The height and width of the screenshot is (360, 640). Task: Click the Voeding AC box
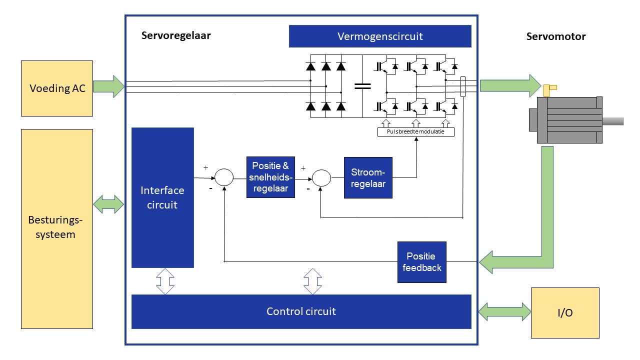[x=56, y=88]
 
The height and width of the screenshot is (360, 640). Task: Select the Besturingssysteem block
[x=56, y=228]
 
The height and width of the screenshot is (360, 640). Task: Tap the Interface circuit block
[x=162, y=197]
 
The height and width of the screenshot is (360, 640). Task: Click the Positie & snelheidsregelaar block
[x=270, y=177]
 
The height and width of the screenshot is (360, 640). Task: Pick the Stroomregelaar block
[x=368, y=178]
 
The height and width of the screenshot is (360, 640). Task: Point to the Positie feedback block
[x=421, y=262]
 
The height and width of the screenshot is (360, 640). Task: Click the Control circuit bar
[x=301, y=311]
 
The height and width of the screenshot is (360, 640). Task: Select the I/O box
[x=564, y=313]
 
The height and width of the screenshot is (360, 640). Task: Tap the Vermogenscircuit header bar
[x=380, y=36]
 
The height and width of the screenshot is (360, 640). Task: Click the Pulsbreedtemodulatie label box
[x=415, y=132]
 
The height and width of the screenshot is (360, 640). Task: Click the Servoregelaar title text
[x=176, y=35]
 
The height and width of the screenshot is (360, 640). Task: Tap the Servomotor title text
[x=555, y=36]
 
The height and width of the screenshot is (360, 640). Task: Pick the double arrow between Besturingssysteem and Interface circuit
[x=108, y=204]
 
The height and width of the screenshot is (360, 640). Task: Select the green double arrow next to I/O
[x=504, y=311]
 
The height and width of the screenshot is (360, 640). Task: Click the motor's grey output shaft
[x=613, y=121]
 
